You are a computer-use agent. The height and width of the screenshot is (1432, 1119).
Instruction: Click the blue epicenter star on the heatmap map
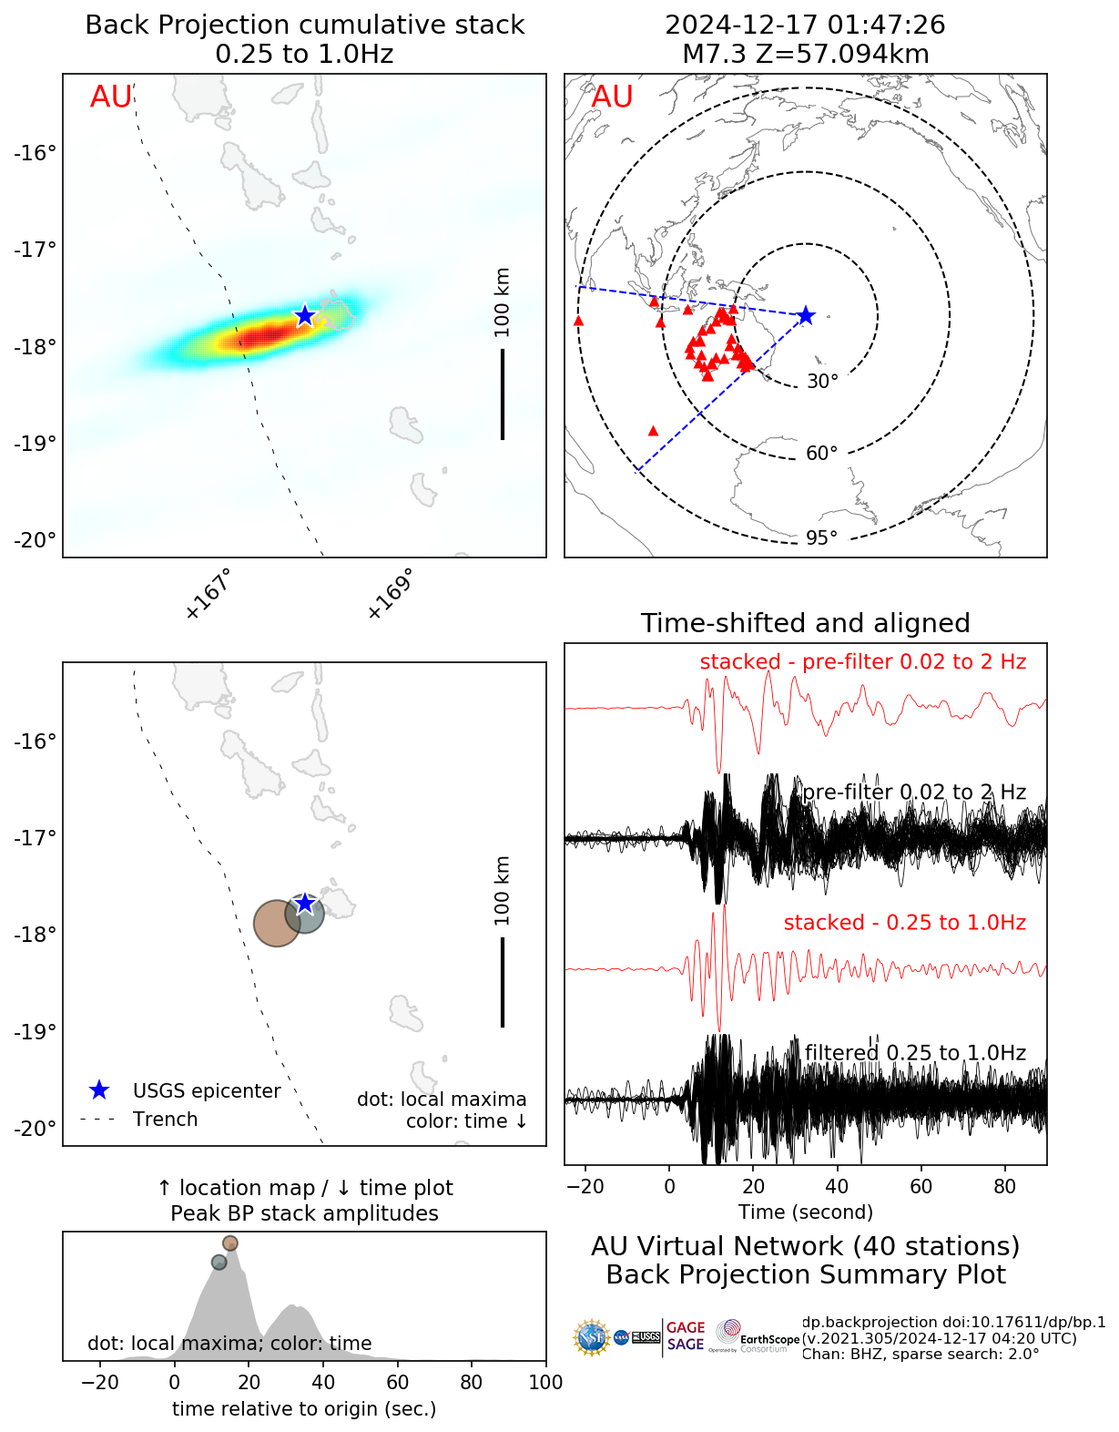[x=304, y=315]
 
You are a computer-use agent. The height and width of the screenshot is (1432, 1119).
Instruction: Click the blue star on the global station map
[x=805, y=315]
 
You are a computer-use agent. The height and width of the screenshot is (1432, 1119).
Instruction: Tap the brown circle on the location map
[x=277, y=923]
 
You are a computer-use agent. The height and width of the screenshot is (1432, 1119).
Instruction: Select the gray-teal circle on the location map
[x=304, y=913]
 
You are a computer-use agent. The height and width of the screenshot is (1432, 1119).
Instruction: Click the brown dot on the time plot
[x=230, y=1243]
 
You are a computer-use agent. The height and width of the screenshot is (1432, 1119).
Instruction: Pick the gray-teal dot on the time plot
[x=219, y=1263]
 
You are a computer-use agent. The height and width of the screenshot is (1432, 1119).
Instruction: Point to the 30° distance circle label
[x=822, y=382]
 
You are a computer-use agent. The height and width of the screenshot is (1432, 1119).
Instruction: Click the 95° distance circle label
[x=821, y=538]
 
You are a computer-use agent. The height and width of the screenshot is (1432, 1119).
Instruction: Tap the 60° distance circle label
[x=821, y=454]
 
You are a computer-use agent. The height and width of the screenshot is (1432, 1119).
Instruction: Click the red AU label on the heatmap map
[x=111, y=97]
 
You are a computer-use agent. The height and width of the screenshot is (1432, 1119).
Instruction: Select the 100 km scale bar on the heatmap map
[x=503, y=394]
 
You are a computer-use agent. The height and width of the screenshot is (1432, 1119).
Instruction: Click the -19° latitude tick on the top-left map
[x=36, y=444]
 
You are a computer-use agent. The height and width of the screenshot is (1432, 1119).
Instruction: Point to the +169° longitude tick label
[x=390, y=594]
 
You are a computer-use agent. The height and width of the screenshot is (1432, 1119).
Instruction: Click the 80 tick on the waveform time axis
[x=1004, y=1186]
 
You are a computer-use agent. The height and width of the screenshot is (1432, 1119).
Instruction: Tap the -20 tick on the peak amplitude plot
[x=100, y=1382]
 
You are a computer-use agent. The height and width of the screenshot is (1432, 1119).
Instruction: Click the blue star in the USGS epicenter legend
[x=99, y=1090]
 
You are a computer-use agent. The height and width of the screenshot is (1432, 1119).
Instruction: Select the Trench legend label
[x=165, y=1120]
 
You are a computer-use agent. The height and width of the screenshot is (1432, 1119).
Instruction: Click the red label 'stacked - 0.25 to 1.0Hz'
[x=904, y=923]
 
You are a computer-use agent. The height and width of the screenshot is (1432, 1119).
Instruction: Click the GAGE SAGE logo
[x=686, y=1336]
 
